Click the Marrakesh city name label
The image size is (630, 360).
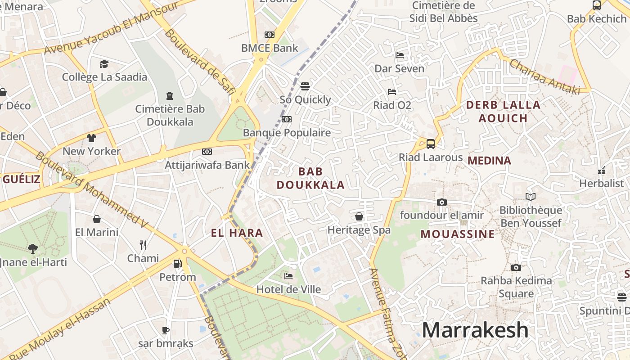click(x=475, y=330)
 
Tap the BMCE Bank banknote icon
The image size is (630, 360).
click(x=270, y=35)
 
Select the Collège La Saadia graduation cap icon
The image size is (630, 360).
click(x=104, y=64)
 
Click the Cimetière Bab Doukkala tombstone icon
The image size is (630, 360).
click(x=170, y=95)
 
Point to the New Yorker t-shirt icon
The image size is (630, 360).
click(x=91, y=138)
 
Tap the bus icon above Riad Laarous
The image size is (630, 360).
click(x=431, y=144)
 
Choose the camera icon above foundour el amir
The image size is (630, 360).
click(x=442, y=202)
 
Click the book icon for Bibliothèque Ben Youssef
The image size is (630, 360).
click(x=531, y=197)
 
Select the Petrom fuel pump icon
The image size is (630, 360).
click(x=178, y=264)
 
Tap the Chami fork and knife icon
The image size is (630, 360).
click(x=143, y=245)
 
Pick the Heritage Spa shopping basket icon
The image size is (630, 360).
click(x=359, y=216)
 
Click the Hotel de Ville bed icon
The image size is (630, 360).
click(x=288, y=276)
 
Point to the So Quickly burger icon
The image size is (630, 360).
click(x=305, y=86)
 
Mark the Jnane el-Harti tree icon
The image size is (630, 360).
click(x=32, y=248)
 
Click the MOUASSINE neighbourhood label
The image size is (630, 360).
click(x=458, y=234)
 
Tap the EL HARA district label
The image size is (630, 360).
click(x=237, y=233)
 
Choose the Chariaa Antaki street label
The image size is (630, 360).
click(x=544, y=76)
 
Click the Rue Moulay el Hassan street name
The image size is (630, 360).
click(x=59, y=328)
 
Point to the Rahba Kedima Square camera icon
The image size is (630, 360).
click(x=516, y=267)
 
